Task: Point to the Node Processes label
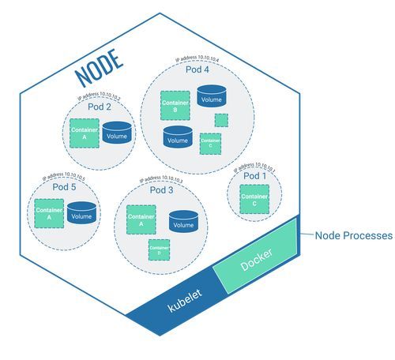pyautogui.click(x=352, y=236)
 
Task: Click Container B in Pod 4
pyautogui.click(x=174, y=106)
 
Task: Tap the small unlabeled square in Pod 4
pyautogui.click(x=222, y=120)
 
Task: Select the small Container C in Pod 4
pyautogui.click(x=209, y=141)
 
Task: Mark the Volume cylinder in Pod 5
pyautogui.click(x=81, y=214)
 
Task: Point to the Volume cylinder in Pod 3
pyautogui.click(x=182, y=221)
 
